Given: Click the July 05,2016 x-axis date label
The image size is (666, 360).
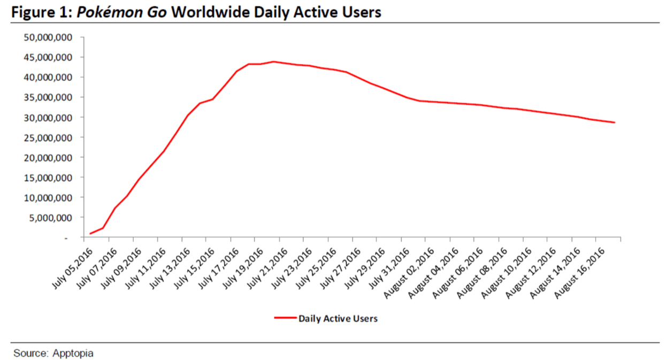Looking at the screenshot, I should pyautogui.click(x=71, y=265).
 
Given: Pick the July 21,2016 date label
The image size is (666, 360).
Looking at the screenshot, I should pyautogui.click(x=265, y=265).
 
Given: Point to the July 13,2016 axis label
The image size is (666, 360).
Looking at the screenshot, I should pyautogui.click(x=168, y=265).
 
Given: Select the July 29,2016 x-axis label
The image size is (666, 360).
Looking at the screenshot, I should pyautogui.click(x=363, y=265).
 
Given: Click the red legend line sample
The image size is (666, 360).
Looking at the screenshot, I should pyautogui.click(x=285, y=318).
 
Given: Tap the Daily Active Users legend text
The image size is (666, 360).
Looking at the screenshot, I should pyautogui.click(x=338, y=318).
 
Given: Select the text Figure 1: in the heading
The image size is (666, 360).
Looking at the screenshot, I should pyautogui.click(x=41, y=12).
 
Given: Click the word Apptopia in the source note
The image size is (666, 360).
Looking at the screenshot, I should pyautogui.click(x=73, y=353).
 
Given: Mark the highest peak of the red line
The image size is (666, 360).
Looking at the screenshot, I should pyautogui.click(x=273, y=62).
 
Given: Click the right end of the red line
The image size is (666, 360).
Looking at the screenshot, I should pyautogui.click(x=615, y=122).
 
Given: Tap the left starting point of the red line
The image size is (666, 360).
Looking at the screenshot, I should pyautogui.click(x=90, y=233).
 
